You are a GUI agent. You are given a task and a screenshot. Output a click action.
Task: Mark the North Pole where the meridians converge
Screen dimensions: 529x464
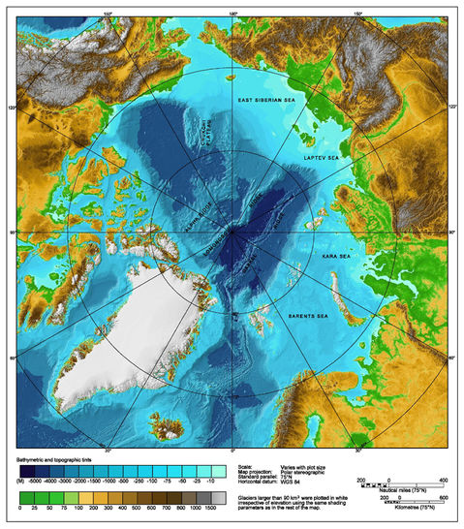(232, 233)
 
